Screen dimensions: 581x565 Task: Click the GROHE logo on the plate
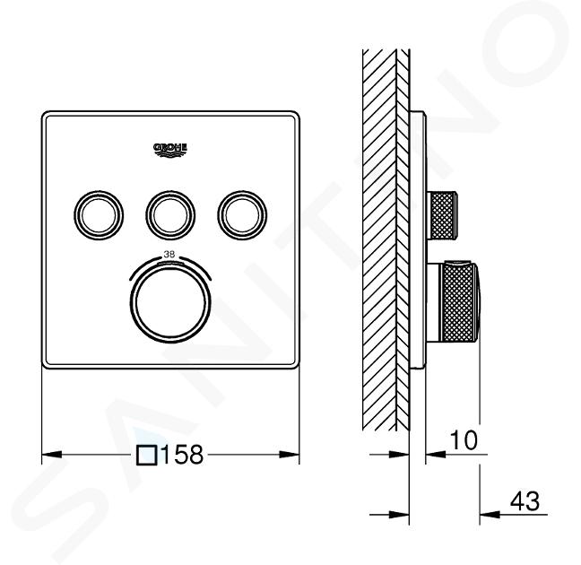(170, 151)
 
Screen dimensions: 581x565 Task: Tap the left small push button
(99, 215)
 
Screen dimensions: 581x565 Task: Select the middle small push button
(170, 215)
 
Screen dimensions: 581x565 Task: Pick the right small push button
(242, 215)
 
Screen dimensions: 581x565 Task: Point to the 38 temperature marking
(169, 255)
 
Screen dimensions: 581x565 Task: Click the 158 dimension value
(182, 454)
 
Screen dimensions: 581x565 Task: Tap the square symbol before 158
(147, 455)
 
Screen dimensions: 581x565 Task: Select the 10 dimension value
(464, 440)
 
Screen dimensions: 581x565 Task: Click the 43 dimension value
(525, 501)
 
